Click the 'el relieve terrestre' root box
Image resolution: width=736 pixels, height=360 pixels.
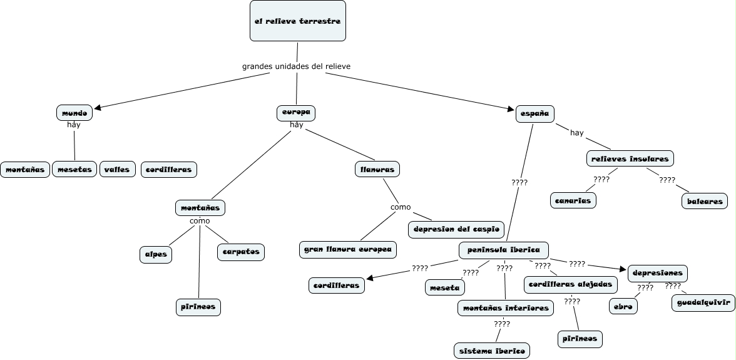(297, 21)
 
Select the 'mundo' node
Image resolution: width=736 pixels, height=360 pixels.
(74, 113)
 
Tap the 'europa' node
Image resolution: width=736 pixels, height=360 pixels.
(296, 113)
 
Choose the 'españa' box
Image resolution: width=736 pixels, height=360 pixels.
(535, 113)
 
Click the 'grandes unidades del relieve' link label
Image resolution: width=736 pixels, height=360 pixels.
(296, 66)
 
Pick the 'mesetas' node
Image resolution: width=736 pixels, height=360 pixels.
(74, 169)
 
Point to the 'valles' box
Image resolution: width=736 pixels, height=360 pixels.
(117, 169)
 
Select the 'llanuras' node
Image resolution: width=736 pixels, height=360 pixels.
(377, 169)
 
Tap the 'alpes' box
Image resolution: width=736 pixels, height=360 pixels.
(155, 254)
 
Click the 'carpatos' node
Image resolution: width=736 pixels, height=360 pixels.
(241, 252)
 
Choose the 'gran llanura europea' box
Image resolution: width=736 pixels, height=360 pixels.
(348, 249)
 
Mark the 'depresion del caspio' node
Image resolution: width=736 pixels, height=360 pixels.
(456, 230)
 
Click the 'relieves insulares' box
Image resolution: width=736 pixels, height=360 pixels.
(630, 158)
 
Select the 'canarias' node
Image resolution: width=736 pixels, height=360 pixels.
(573, 200)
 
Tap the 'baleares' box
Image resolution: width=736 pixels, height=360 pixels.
(705, 201)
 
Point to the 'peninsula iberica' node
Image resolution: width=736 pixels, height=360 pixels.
(504, 250)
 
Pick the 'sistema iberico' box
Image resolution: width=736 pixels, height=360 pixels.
(493, 350)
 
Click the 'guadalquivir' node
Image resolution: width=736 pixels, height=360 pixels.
(703, 303)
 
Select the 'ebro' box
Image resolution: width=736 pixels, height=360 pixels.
(623, 306)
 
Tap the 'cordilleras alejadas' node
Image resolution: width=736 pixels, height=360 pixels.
(570, 284)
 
